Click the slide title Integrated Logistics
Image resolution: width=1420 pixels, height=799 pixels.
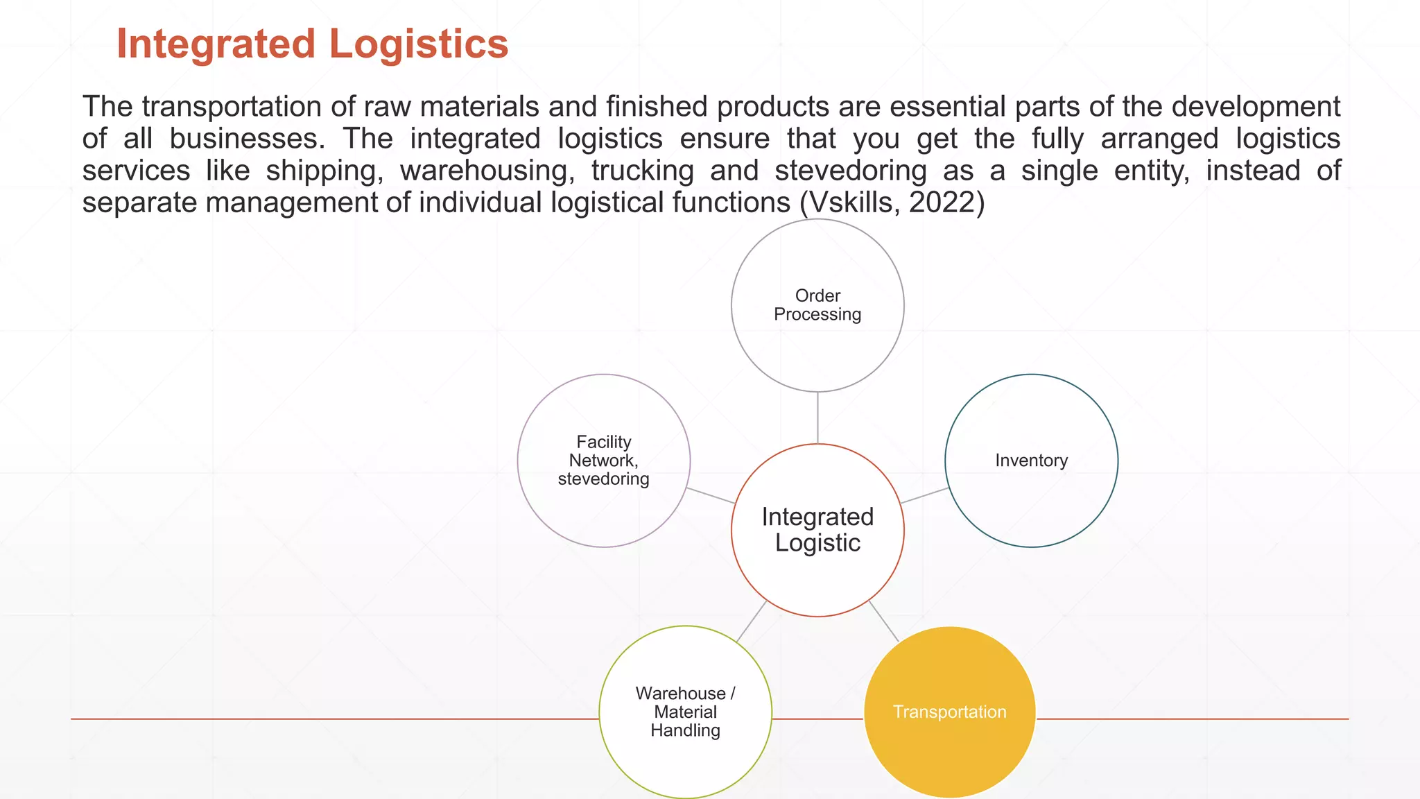tap(312, 44)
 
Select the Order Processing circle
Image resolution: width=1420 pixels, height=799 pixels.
tap(817, 305)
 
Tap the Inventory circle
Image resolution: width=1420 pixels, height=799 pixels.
tap(1031, 461)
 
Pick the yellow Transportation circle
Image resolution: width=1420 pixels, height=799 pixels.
tap(949, 712)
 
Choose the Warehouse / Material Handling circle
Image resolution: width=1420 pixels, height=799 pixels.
tap(685, 712)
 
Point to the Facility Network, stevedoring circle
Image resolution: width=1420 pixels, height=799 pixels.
tap(603, 461)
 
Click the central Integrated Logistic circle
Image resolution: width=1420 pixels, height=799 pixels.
tap(817, 530)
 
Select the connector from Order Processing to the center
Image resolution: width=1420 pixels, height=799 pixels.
tap(817, 418)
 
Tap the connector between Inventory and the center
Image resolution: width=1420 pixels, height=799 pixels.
tap(924, 495)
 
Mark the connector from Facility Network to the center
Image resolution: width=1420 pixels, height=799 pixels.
tap(711, 495)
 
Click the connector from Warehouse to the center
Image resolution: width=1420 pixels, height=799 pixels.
tap(751, 621)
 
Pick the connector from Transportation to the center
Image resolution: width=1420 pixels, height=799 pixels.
tap(883, 621)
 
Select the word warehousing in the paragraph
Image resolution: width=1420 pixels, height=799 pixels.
tap(487, 171)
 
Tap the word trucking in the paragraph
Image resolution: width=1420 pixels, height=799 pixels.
tap(642, 171)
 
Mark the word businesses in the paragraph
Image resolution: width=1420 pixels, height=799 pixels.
tap(247, 139)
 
